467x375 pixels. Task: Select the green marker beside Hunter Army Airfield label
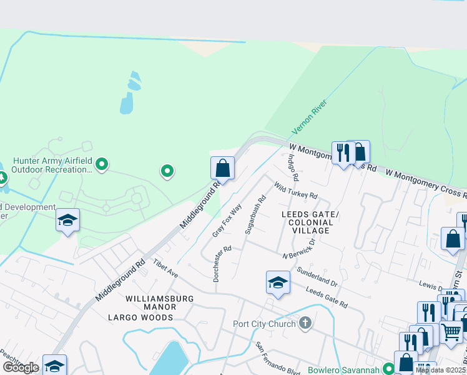tap(101, 165)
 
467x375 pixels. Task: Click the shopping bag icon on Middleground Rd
tap(222, 168)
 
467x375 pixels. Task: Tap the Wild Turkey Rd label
tap(296, 191)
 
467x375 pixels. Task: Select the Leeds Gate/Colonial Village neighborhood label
tap(310, 222)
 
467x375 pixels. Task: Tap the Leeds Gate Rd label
tap(327, 296)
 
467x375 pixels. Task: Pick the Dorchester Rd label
tap(222, 263)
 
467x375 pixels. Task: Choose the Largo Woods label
tap(140, 317)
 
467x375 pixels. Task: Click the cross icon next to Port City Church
tap(305, 323)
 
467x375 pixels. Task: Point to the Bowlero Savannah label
tap(345, 369)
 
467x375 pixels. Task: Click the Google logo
tap(20, 367)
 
